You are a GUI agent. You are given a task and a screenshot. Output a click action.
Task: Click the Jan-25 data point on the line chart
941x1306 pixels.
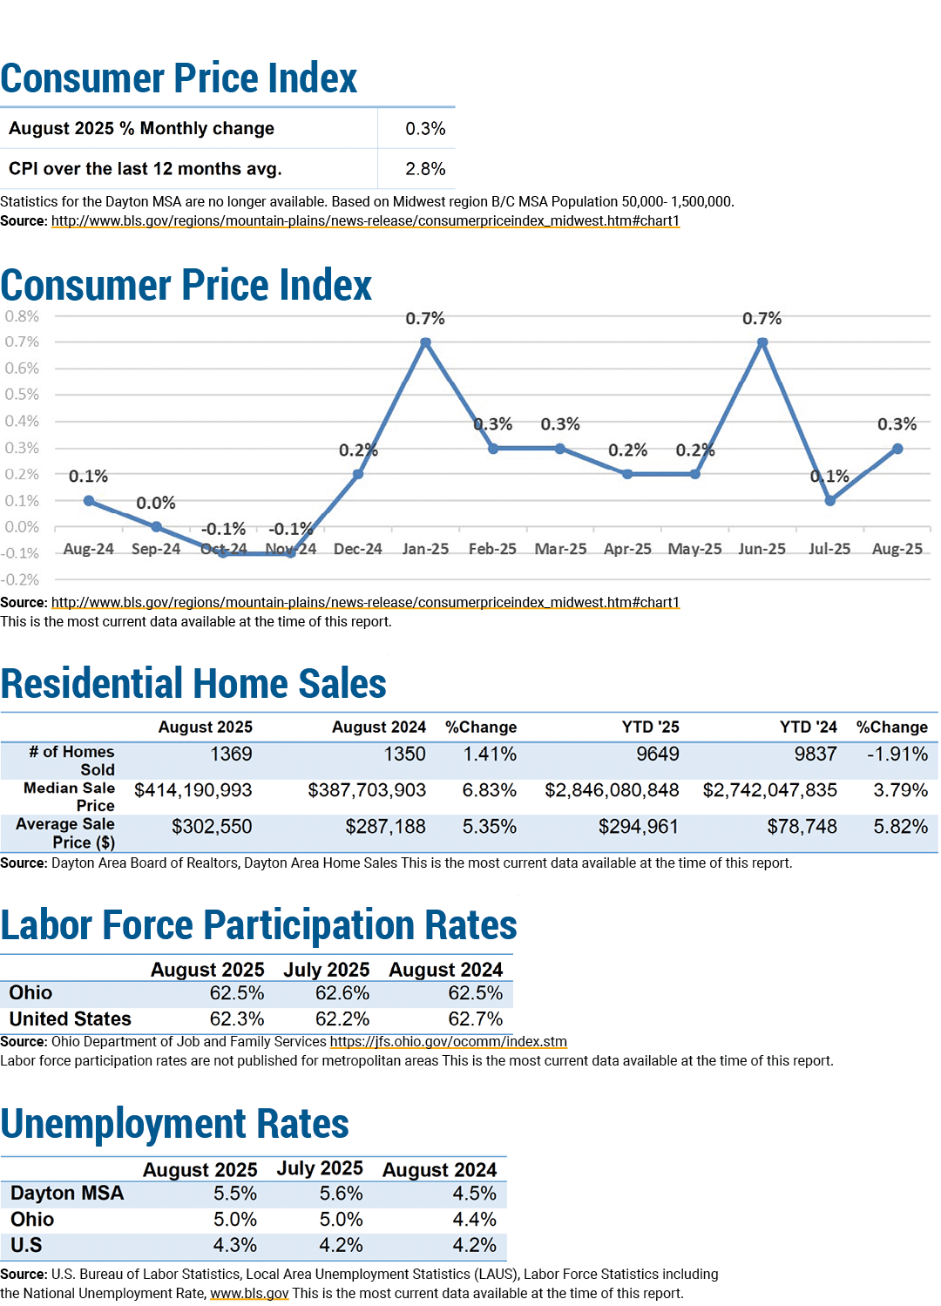(425, 342)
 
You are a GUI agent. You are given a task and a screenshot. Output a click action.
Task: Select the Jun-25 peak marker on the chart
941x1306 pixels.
(762, 342)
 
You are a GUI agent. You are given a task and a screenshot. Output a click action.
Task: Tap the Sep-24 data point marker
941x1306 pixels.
(156, 526)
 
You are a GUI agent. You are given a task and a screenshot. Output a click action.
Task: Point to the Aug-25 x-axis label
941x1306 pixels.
(897, 549)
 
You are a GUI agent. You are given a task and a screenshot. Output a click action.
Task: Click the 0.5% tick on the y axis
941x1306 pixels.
(22, 394)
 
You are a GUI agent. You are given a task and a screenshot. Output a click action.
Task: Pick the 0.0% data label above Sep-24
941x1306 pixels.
(156, 503)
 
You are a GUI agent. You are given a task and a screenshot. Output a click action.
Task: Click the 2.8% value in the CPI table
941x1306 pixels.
(425, 169)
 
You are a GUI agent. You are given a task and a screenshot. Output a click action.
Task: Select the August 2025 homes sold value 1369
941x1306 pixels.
(231, 754)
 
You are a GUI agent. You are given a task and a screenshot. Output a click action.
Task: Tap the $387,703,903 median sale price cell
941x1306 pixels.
(367, 790)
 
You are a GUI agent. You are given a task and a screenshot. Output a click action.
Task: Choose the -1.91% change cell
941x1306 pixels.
(897, 754)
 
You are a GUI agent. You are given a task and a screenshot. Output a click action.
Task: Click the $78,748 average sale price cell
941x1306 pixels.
(802, 826)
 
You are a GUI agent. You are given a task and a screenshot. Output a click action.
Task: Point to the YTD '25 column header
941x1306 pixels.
(650, 727)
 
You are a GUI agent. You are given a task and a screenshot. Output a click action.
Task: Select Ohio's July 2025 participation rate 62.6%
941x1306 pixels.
(342, 992)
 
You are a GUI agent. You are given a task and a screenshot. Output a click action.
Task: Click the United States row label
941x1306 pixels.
(70, 1018)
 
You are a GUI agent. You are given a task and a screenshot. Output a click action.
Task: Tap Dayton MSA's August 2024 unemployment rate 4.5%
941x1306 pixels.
(474, 1193)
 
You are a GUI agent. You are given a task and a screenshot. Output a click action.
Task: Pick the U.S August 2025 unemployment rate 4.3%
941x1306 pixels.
(234, 1245)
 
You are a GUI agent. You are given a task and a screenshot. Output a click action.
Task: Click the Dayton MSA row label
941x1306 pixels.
(67, 1193)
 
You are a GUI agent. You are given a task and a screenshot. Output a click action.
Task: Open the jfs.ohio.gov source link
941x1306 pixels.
(448, 1041)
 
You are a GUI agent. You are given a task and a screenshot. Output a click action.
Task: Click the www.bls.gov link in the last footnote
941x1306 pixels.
(249, 1293)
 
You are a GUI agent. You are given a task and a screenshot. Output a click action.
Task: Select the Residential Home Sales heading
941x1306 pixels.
(193, 683)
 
